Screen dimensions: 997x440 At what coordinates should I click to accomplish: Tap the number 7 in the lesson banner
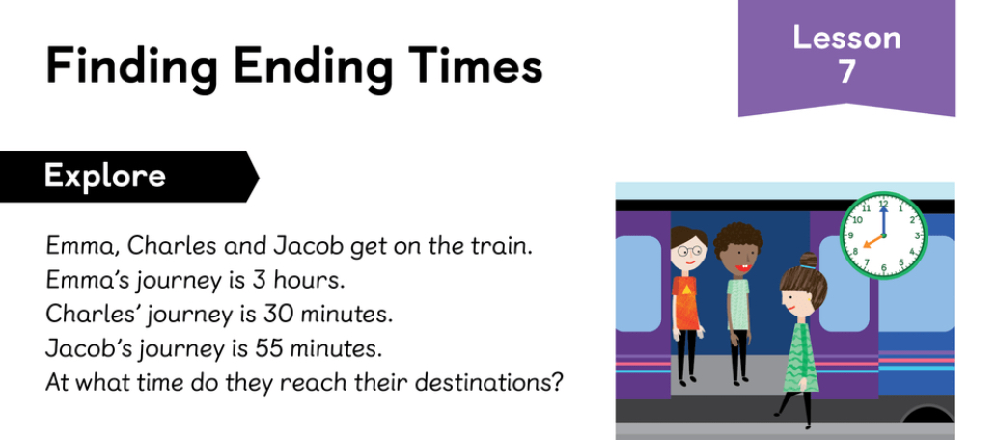click(x=846, y=71)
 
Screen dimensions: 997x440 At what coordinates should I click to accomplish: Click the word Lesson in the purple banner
click(x=846, y=39)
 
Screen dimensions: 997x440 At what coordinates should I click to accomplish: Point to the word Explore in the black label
click(x=105, y=176)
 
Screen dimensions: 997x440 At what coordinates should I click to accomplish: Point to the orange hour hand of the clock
click(x=872, y=241)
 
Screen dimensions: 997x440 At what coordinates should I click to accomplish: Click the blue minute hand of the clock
click(x=883, y=219)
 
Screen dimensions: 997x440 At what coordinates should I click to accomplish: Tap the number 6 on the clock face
click(x=883, y=267)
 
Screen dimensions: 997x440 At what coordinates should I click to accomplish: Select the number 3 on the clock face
click(x=917, y=235)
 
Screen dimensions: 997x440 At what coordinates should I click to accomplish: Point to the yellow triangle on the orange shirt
click(x=686, y=289)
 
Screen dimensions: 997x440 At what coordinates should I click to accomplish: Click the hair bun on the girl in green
click(x=809, y=261)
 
